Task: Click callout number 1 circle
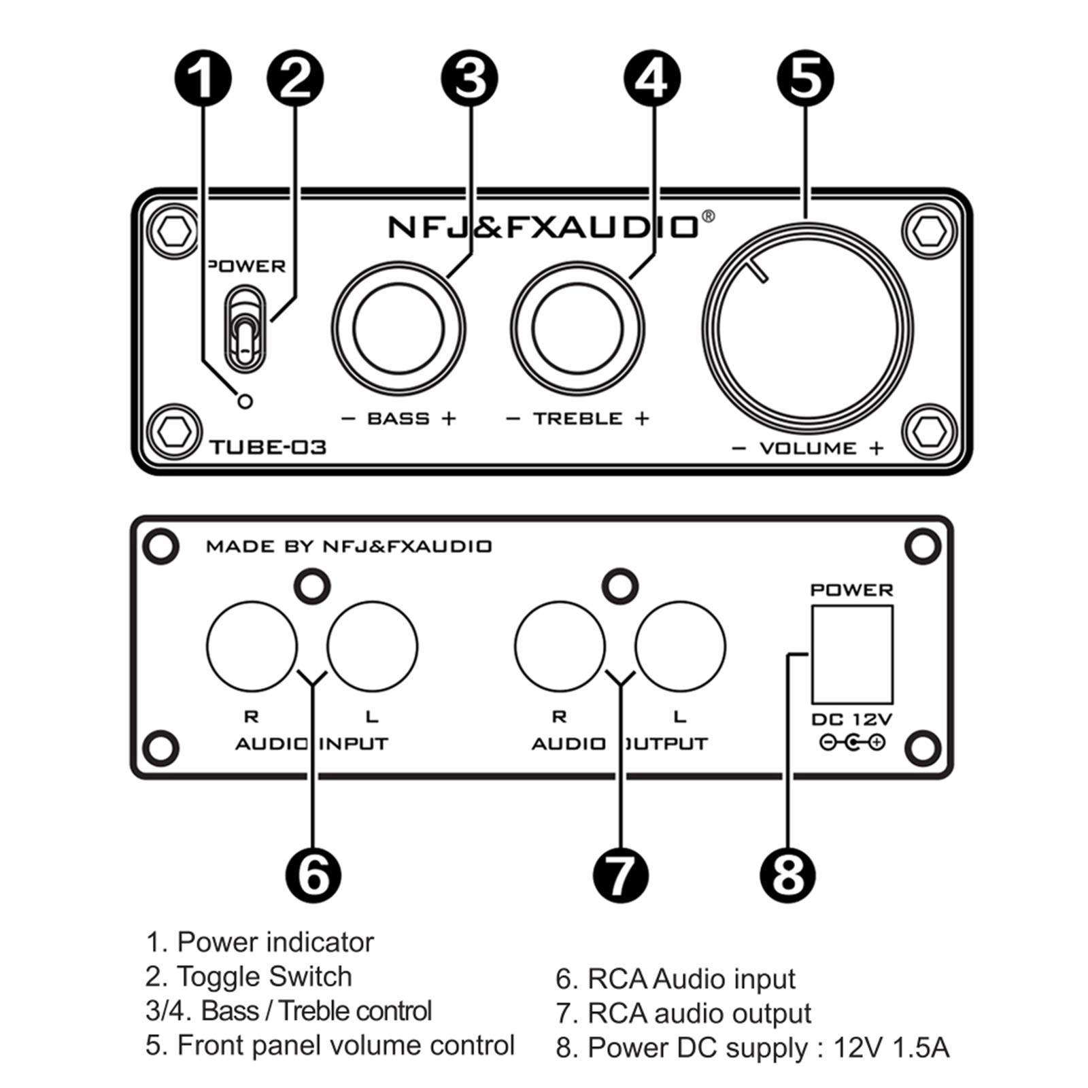(203, 78)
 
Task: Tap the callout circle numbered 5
(805, 78)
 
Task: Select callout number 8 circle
(787, 874)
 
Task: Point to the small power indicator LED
(245, 401)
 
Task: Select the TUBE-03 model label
(268, 447)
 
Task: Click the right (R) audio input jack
(252, 647)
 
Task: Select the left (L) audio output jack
(680, 647)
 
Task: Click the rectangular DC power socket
(851, 655)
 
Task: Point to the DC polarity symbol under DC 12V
(851, 743)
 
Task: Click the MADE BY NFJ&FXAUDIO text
(348, 547)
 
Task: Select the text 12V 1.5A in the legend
(891, 1048)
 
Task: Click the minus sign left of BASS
(348, 419)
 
